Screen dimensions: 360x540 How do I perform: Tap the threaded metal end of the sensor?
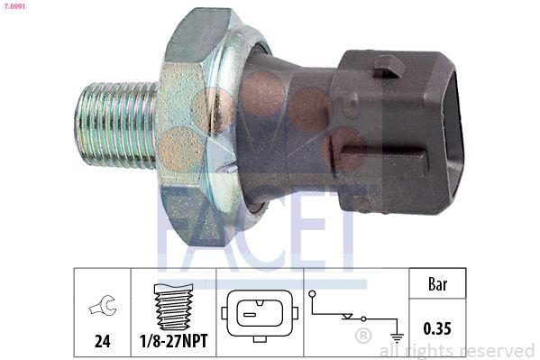click(117, 124)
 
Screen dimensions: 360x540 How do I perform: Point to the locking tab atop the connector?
click(389, 65)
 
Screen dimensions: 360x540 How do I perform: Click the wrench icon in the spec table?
click(102, 309)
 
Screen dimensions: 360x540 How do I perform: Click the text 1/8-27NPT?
click(174, 342)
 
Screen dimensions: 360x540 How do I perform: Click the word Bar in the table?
click(439, 284)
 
